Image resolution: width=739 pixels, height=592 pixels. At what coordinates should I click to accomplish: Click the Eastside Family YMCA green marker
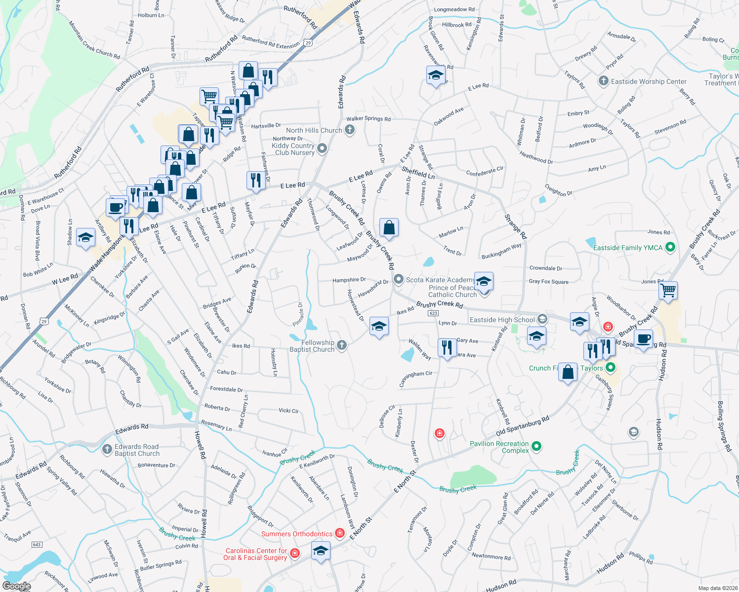point(670,248)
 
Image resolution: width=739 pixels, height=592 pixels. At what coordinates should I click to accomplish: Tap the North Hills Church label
point(314,130)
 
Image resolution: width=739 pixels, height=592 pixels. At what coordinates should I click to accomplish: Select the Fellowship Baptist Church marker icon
point(341,345)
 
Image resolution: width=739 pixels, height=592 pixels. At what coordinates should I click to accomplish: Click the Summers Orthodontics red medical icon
point(339,533)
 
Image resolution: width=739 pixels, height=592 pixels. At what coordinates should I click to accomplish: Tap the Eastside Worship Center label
point(649,81)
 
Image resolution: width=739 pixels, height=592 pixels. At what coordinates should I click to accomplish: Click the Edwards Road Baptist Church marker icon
point(107,449)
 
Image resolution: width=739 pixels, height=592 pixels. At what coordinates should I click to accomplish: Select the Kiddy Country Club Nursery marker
point(322,148)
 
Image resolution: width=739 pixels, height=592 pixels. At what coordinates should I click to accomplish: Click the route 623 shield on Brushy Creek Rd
point(433,313)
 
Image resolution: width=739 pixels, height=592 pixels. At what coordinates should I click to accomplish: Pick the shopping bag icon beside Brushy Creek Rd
point(389,227)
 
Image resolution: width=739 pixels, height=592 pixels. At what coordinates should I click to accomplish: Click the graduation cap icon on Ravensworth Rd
point(435,75)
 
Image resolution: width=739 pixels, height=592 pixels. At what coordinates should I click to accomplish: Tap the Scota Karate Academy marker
point(399,280)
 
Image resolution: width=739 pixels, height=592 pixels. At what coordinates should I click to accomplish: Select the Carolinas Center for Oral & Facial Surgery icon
point(295,554)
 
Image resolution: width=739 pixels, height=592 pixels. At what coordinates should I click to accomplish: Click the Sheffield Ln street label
point(418,173)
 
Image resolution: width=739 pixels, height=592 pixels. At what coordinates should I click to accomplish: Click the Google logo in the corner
point(16,586)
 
